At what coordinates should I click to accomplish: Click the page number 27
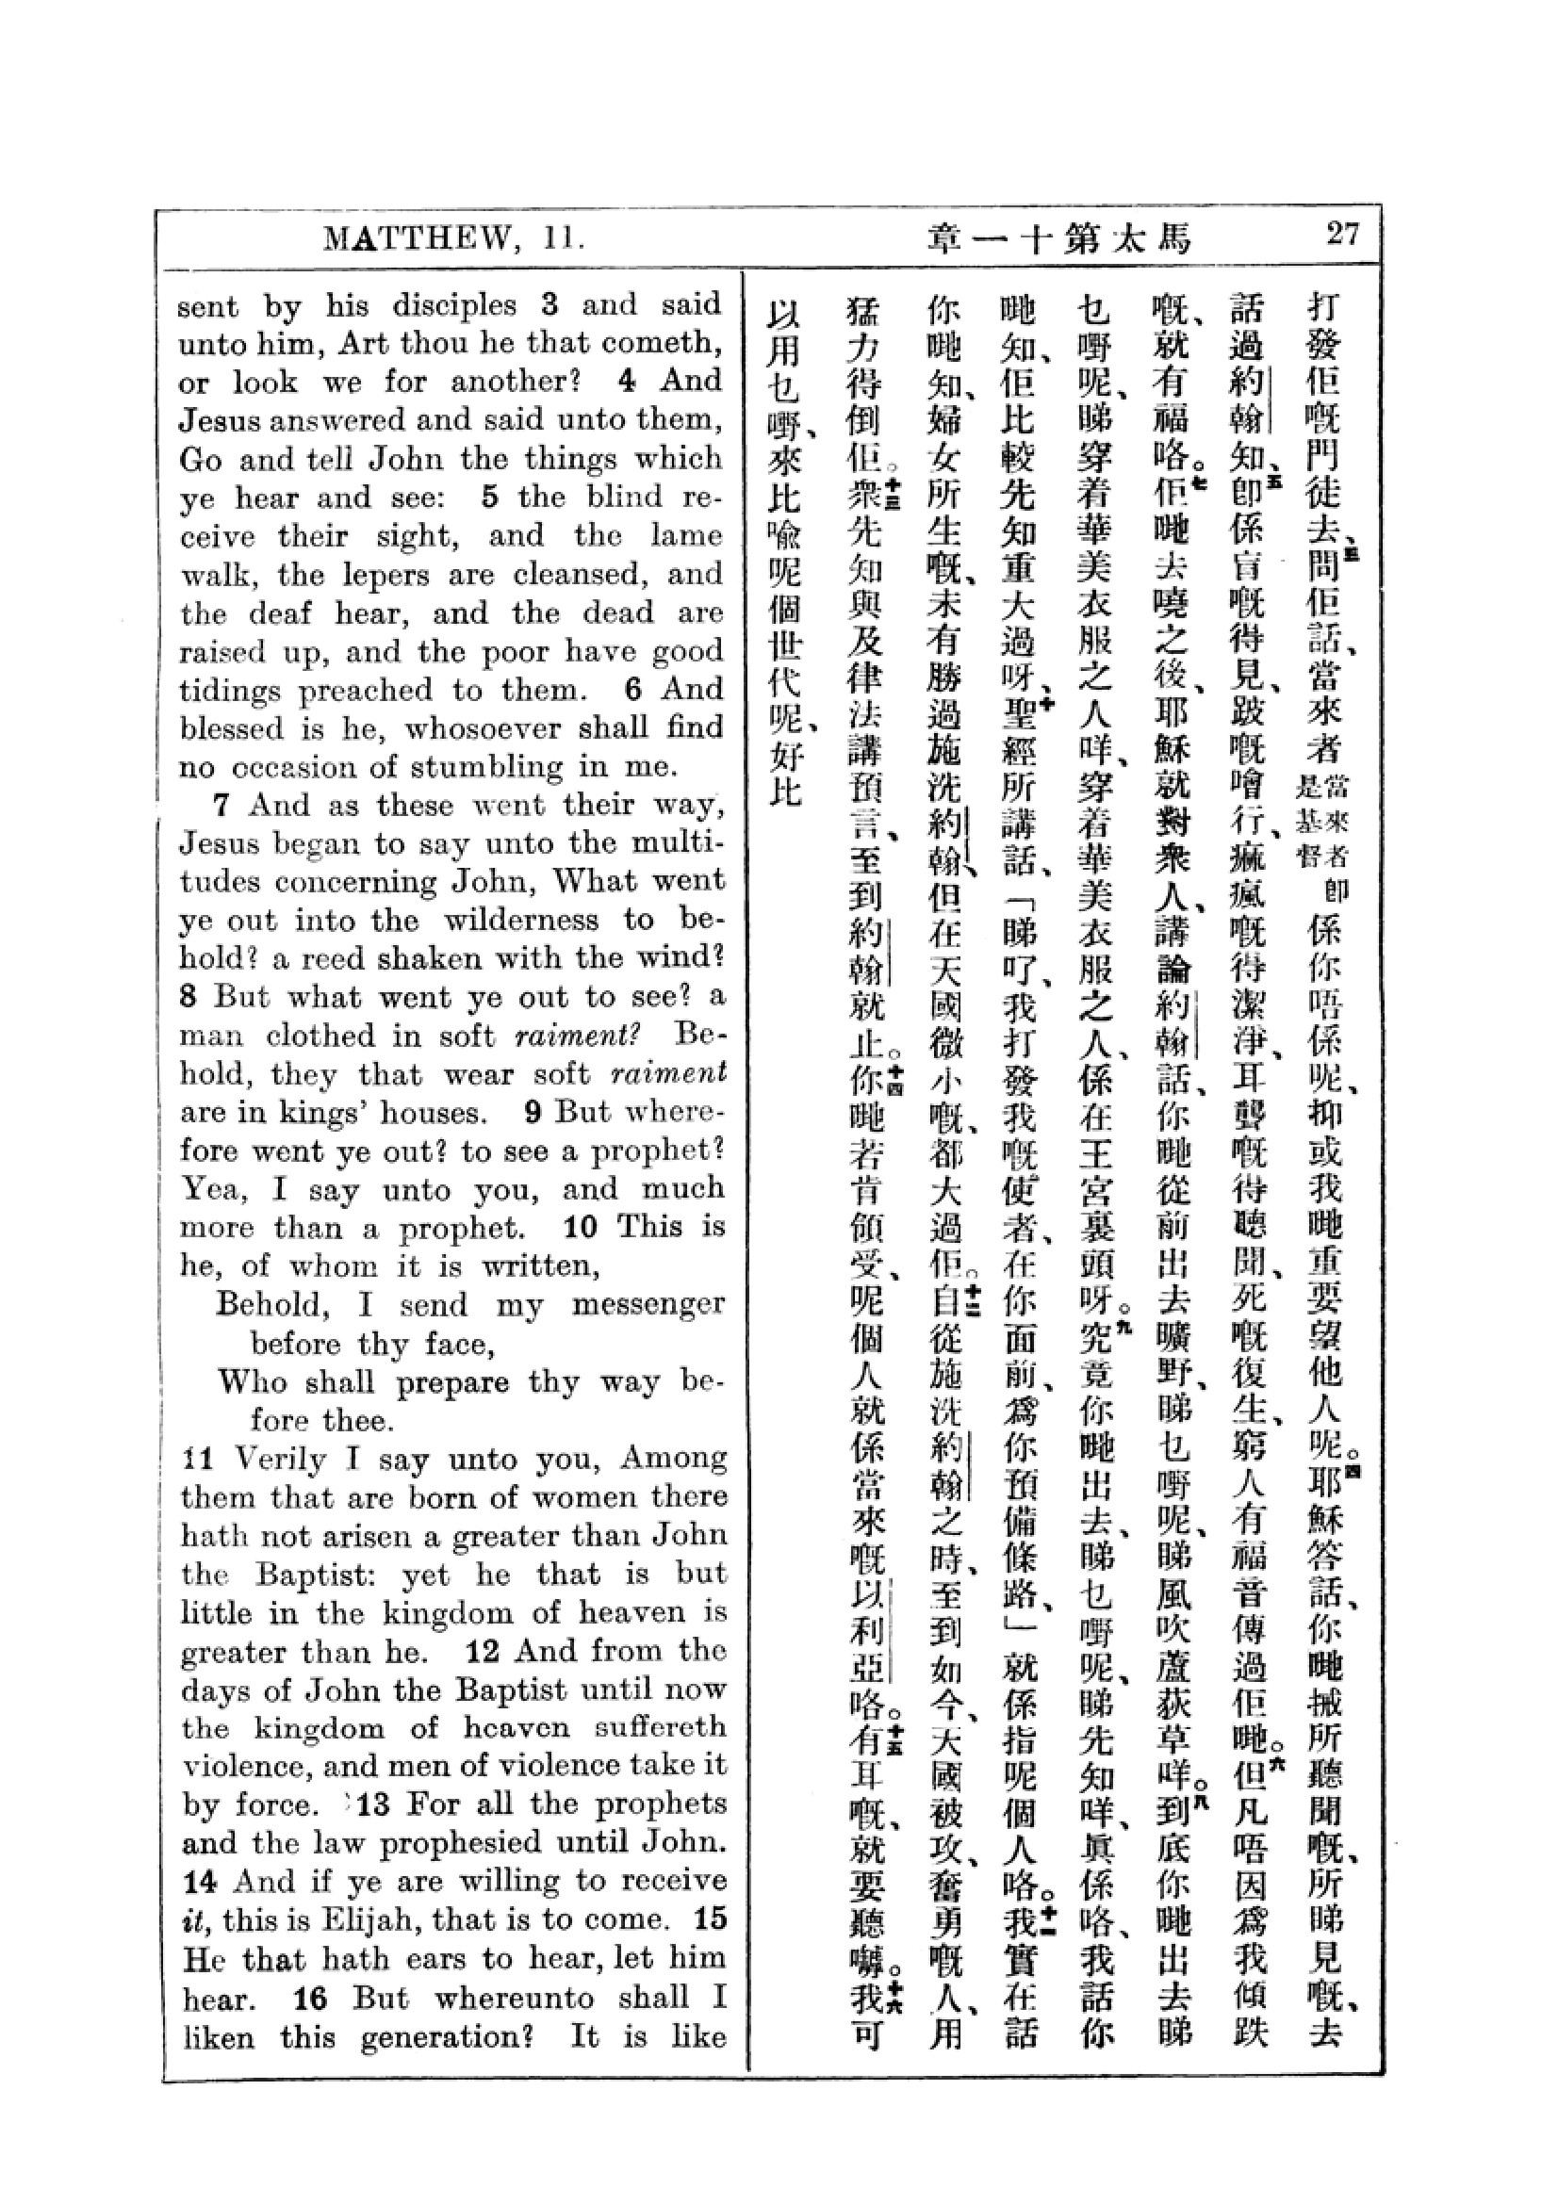(1342, 234)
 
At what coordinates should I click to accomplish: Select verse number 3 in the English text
(550, 305)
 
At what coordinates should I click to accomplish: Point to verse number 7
(223, 805)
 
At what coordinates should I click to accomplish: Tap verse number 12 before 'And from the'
(483, 1651)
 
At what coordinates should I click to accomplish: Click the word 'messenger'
(647, 1304)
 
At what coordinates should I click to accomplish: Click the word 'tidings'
(227, 691)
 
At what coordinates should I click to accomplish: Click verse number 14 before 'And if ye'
(201, 1882)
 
